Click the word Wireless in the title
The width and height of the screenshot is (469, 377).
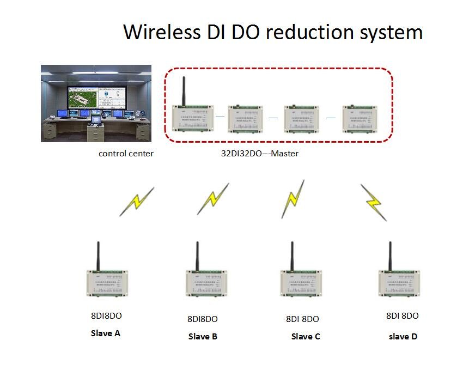pyautogui.click(x=161, y=32)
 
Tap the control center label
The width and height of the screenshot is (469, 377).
pyautogui.click(x=126, y=154)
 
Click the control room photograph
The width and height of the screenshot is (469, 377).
pyautogui.click(x=96, y=103)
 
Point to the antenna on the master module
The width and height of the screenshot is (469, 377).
pyautogui.click(x=184, y=90)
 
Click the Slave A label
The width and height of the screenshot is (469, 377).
pyautogui.click(x=105, y=333)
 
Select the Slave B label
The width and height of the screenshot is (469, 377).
pyautogui.click(x=203, y=336)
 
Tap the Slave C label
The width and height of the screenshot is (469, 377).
pyautogui.click(x=306, y=336)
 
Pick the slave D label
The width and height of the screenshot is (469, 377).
pyautogui.click(x=403, y=336)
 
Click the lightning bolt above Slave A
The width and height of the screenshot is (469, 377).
pyautogui.click(x=137, y=202)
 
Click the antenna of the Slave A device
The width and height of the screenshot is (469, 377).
pyautogui.click(x=98, y=256)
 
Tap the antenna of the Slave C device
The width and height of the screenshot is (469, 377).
pyautogui.click(x=291, y=256)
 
